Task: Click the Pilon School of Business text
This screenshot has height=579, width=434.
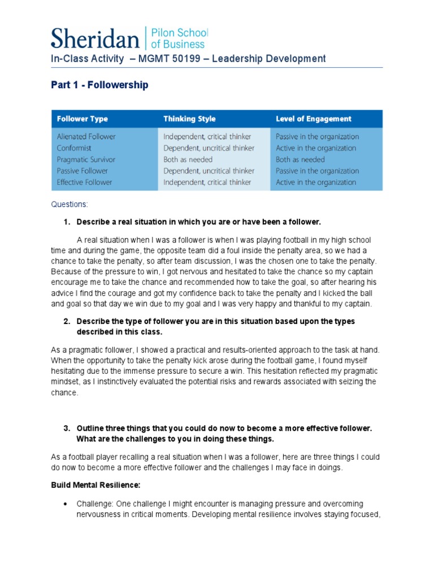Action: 178,37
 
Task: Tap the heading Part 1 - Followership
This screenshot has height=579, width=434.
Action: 99,85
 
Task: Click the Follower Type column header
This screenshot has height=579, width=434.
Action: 82,119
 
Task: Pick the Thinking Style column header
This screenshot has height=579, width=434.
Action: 189,119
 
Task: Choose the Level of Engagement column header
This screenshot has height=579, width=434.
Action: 313,119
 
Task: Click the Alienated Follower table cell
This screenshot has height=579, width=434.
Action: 86,136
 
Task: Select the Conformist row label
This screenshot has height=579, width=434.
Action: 74,148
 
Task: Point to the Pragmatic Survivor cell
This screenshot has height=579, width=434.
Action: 86,159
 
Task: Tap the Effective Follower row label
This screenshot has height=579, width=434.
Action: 84,182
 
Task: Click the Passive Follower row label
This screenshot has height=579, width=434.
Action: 82,171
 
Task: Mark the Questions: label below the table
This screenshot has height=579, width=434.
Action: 70,204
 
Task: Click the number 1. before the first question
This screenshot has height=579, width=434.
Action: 67,221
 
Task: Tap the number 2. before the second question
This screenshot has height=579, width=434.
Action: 67,321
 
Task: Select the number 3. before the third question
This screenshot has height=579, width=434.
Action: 67,429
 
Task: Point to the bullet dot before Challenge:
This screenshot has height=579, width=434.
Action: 67,504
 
